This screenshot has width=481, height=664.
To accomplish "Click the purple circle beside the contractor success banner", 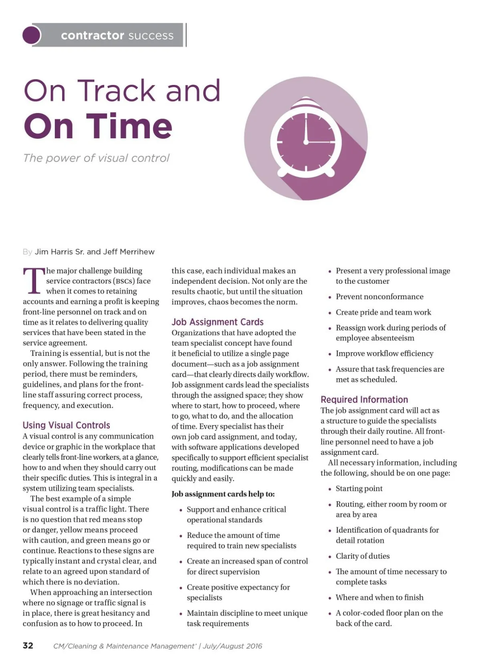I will pyautogui.click(x=32, y=35).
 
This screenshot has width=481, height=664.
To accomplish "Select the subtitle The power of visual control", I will pyautogui.click(x=96, y=158).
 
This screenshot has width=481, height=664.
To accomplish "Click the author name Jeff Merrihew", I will pyautogui.click(x=129, y=252).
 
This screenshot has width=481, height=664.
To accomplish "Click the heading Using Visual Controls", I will pyautogui.click(x=66, y=425).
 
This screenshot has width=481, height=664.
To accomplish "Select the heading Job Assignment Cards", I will pyautogui.click(x=217, y=322).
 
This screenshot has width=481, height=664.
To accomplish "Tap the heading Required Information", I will pyautogui.click(x=364, y=400).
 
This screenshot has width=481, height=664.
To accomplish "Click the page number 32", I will pyautogui.click(x=28, y=645).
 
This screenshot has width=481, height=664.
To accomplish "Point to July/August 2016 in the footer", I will pyautogui.click(x=232, y=646).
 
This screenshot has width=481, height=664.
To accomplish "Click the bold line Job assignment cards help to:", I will pyautogui.click(x=223, y=494).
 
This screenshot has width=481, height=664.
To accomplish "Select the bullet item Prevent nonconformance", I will pyautogui.click(x=379, y=297).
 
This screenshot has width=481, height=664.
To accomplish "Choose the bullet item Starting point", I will pyautogui.click(x=359, y=488).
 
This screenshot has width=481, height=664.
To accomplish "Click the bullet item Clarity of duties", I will pyautogui.click(x=362, y=556).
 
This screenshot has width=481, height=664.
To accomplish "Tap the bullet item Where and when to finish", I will pyautogui.click(x=379, y=597).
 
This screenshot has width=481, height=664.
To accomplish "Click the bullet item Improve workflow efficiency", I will pyautogui.click(x=384, y=353).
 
